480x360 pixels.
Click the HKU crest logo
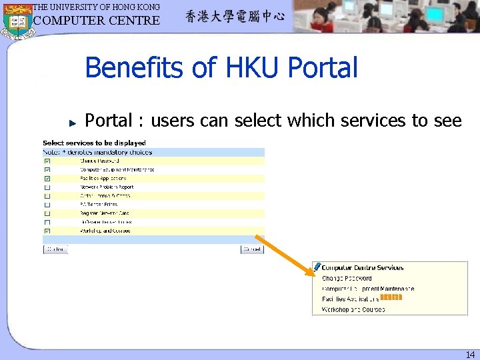pos(17,20)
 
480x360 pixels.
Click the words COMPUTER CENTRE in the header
pos(97,20)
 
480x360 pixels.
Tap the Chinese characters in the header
pos(235,17)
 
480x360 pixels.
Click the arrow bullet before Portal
pos(74,122)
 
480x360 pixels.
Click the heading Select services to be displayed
pos(94,143)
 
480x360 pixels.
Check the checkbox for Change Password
pos(47,161)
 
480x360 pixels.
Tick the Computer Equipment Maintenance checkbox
pos(47,170)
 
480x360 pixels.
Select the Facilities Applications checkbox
pos(47,179)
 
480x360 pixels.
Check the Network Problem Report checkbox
pos(47,187)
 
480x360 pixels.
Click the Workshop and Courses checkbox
pos(47,231)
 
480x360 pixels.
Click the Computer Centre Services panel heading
pos(363,268)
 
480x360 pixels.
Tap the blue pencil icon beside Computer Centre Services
pos(317,267)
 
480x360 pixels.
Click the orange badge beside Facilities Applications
pos(391,297)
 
